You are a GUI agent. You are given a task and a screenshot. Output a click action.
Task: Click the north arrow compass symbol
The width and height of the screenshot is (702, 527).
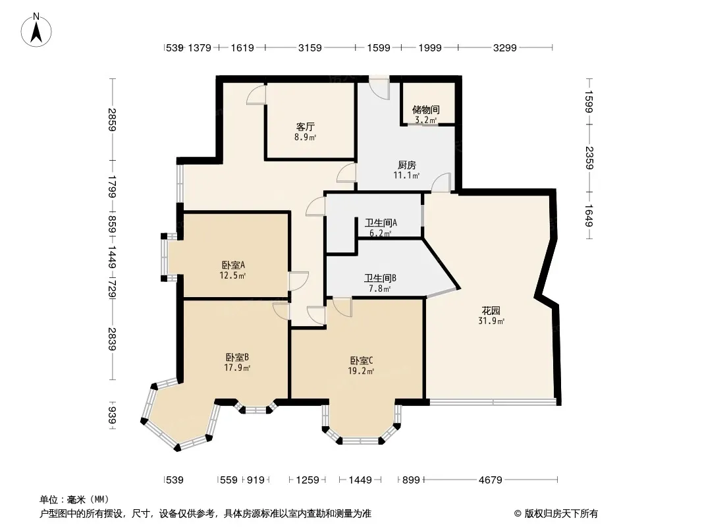click(x=37, y=30)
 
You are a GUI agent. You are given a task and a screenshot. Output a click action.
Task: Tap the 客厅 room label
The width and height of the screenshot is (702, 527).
click(x=304, y=132)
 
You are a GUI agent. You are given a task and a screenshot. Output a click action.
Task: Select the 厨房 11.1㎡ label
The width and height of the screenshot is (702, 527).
click(x=406, y=171)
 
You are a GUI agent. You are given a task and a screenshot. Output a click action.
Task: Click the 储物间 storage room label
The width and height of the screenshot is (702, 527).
click(x=426, y=114)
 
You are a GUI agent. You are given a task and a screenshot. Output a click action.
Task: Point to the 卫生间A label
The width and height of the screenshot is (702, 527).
click(x=379, y=227)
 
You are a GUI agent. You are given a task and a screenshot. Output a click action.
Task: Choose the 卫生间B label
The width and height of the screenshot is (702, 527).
click(x=380, y=283)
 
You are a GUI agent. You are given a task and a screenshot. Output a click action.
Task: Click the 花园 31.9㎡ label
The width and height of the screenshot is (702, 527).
click(x=491, y=316)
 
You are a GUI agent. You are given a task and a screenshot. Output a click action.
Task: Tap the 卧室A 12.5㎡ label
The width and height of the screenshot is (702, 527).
click(x=234, y=270)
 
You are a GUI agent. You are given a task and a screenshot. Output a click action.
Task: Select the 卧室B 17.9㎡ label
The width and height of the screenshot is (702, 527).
click(x=236, y=362)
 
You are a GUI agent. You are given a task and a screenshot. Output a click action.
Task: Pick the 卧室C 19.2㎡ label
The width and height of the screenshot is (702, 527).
click(x=362, y=365)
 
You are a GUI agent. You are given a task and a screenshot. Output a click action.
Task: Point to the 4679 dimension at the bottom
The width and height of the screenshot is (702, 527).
click(x=491, y=480)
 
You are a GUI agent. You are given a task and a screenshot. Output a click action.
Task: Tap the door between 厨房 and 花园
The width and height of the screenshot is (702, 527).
click(x=441, y=182)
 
